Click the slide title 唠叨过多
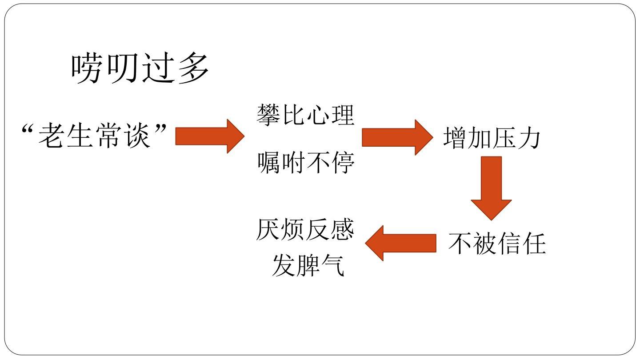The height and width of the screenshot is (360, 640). pos(140,70)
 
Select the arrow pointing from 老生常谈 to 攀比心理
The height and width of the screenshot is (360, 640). pos(209,136)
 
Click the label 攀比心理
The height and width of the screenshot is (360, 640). pos(306,115)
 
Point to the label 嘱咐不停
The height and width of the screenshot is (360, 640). pos(306,163)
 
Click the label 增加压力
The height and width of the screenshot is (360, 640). pos(492,137)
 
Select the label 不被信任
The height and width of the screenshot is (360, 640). pos(496,243)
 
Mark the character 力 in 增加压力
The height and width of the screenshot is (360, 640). pos(529,137)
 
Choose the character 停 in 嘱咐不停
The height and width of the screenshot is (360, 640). pos(343,163)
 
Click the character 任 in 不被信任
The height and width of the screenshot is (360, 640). pos(533,243)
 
